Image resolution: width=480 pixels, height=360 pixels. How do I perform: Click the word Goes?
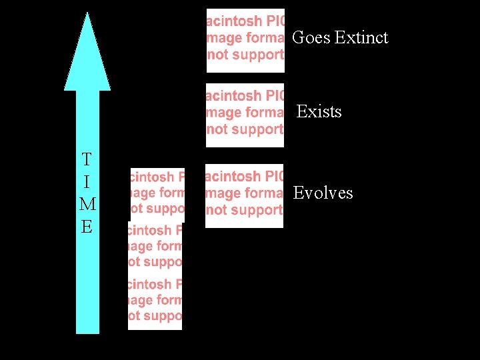[x=311, y=37]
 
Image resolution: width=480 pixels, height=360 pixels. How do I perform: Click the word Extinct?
[x=361, y=37]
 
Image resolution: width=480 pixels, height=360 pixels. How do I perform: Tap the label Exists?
[x=319, y=111]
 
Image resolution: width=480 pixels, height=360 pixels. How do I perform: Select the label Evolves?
[x=323, y=193]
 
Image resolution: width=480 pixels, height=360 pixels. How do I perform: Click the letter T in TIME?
[x=87, y=160]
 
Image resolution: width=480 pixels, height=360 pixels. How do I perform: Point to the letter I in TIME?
[x=87, y=182]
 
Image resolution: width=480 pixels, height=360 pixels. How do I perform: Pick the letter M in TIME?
[x=87, y=204]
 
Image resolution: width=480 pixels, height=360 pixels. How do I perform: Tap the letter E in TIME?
[x=87, y=227]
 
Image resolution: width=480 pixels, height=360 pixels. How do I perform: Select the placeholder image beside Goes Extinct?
[x=245, y=40]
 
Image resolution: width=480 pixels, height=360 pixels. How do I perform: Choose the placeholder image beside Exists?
[x=245, y=114]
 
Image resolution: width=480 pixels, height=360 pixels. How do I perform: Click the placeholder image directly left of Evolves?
[x=244, y=195]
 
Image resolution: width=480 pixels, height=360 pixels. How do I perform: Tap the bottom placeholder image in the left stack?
[x=155, y=301]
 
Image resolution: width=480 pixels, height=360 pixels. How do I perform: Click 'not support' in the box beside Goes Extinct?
[x=245, y=55]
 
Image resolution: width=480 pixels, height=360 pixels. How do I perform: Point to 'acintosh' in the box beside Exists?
[x=234, y=97]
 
